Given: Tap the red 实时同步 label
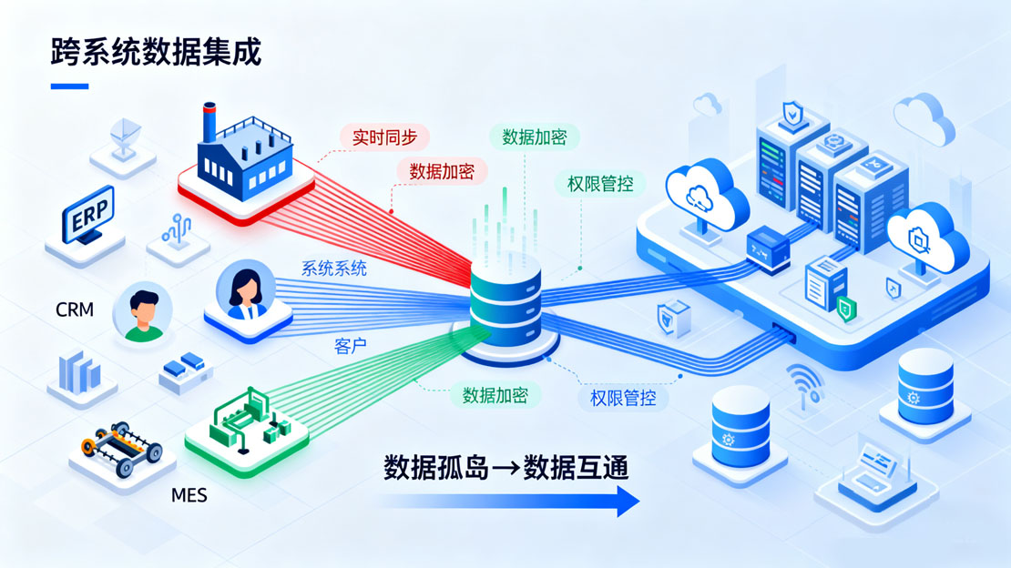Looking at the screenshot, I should coord(384,137).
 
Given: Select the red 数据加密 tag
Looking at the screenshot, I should coord(441,170).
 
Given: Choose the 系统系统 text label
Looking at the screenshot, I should coord(333,269).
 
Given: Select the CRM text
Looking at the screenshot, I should coord(75,309).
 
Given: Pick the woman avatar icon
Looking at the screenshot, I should coord(243,292).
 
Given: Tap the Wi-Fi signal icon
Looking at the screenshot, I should coord(805,383).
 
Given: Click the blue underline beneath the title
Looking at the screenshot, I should coord(70,86).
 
